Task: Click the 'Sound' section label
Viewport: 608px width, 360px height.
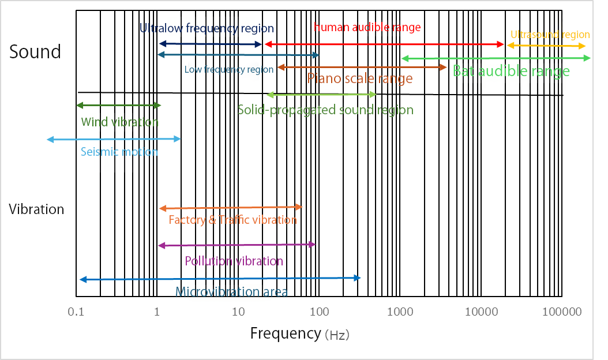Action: pos(35,52)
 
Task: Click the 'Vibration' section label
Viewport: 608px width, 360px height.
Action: pos(36,209)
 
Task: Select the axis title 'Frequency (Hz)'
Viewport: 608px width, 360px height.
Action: pos(299,333)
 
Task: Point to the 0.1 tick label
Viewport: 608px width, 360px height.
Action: pos(76,312)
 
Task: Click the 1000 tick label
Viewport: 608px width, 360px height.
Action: pos(400,312)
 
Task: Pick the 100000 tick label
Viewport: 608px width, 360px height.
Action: pos(562,312)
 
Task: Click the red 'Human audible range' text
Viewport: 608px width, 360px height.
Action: pos(367,27)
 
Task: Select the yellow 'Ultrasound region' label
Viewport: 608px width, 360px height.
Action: pos(550,35)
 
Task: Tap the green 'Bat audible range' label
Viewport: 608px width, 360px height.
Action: pos(511,72)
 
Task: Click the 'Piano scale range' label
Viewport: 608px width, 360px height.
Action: pos(359,78)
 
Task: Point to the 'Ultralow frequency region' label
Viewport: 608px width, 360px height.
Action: pos(207,28)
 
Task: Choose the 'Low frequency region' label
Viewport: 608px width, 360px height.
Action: pos(229,70)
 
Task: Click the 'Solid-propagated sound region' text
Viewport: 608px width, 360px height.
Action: pos(325,110)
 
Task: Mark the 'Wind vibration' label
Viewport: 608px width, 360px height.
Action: pos(119,122)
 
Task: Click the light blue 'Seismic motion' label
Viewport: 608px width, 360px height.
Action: pos(119,152)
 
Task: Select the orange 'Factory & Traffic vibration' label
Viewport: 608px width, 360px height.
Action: pos(232,220)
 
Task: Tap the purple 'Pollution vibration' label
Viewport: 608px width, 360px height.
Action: pos(234,261)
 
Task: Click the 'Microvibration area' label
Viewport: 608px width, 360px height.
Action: pos(231,291)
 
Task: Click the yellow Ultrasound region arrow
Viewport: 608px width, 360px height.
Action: pos(546,46)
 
